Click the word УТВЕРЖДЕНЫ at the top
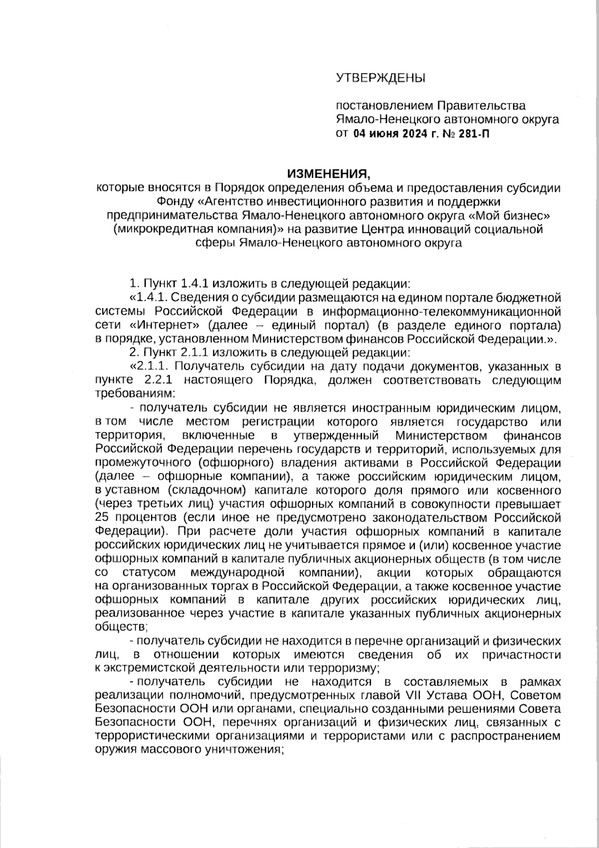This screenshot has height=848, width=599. point(380,78)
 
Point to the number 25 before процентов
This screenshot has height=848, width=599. point(102,517)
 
